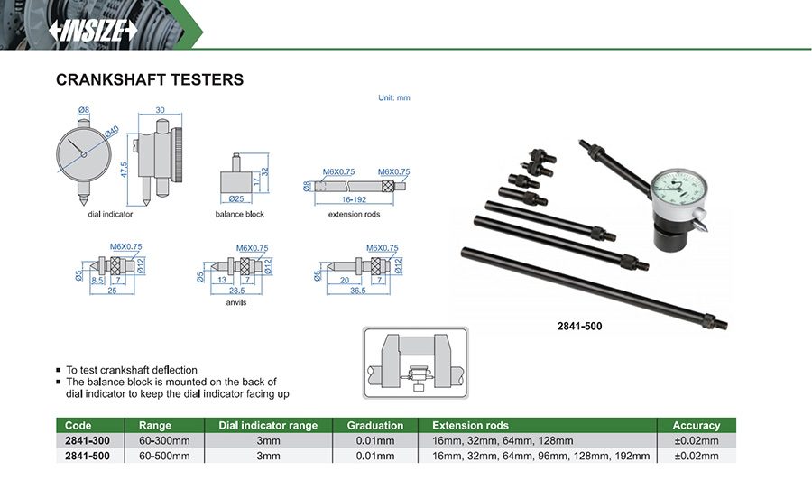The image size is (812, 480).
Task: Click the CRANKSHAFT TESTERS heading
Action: (x=150, y=80)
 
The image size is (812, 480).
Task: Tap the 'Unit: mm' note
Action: (x=392, y=97)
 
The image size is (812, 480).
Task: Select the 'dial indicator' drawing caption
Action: (x=110, y=214)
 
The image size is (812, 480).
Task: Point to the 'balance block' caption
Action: (x=239, y=214)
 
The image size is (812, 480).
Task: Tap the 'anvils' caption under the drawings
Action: (x=236, y=302)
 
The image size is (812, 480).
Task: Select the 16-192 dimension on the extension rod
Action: (x=353, y=198)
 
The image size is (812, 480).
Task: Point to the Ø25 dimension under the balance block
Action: (x=237, y=198)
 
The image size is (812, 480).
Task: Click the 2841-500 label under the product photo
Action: (x=581, y=327)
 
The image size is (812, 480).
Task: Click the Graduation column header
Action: (x=375, y=425)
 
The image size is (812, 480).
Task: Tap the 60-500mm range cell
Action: (x=164, y=456)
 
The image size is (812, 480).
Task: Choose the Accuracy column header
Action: (x=697, y=425)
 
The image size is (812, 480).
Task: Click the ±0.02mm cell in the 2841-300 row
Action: (x=697, y=440)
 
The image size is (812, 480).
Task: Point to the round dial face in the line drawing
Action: (x=82, y=153)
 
